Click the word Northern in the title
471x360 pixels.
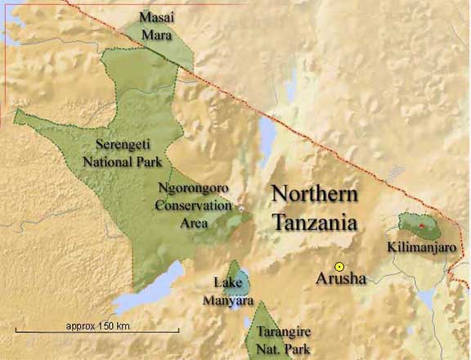pyautogui.click(x=315, y=195)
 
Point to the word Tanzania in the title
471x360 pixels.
pyautogui.click(x=315, y=221)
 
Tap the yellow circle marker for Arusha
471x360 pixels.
pyautogui.click(x=339, y=266)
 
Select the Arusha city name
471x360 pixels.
pyautogui.click(x=341, y=279)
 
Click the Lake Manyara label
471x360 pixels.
pyautogui.click(x=230, y=290)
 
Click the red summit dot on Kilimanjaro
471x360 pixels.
pyautogui.click(x=421, y=225)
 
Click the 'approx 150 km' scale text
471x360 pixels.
pyautogui.click(x=97, y=325)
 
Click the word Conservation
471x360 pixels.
pyautogui.click(x=195, y=205)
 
